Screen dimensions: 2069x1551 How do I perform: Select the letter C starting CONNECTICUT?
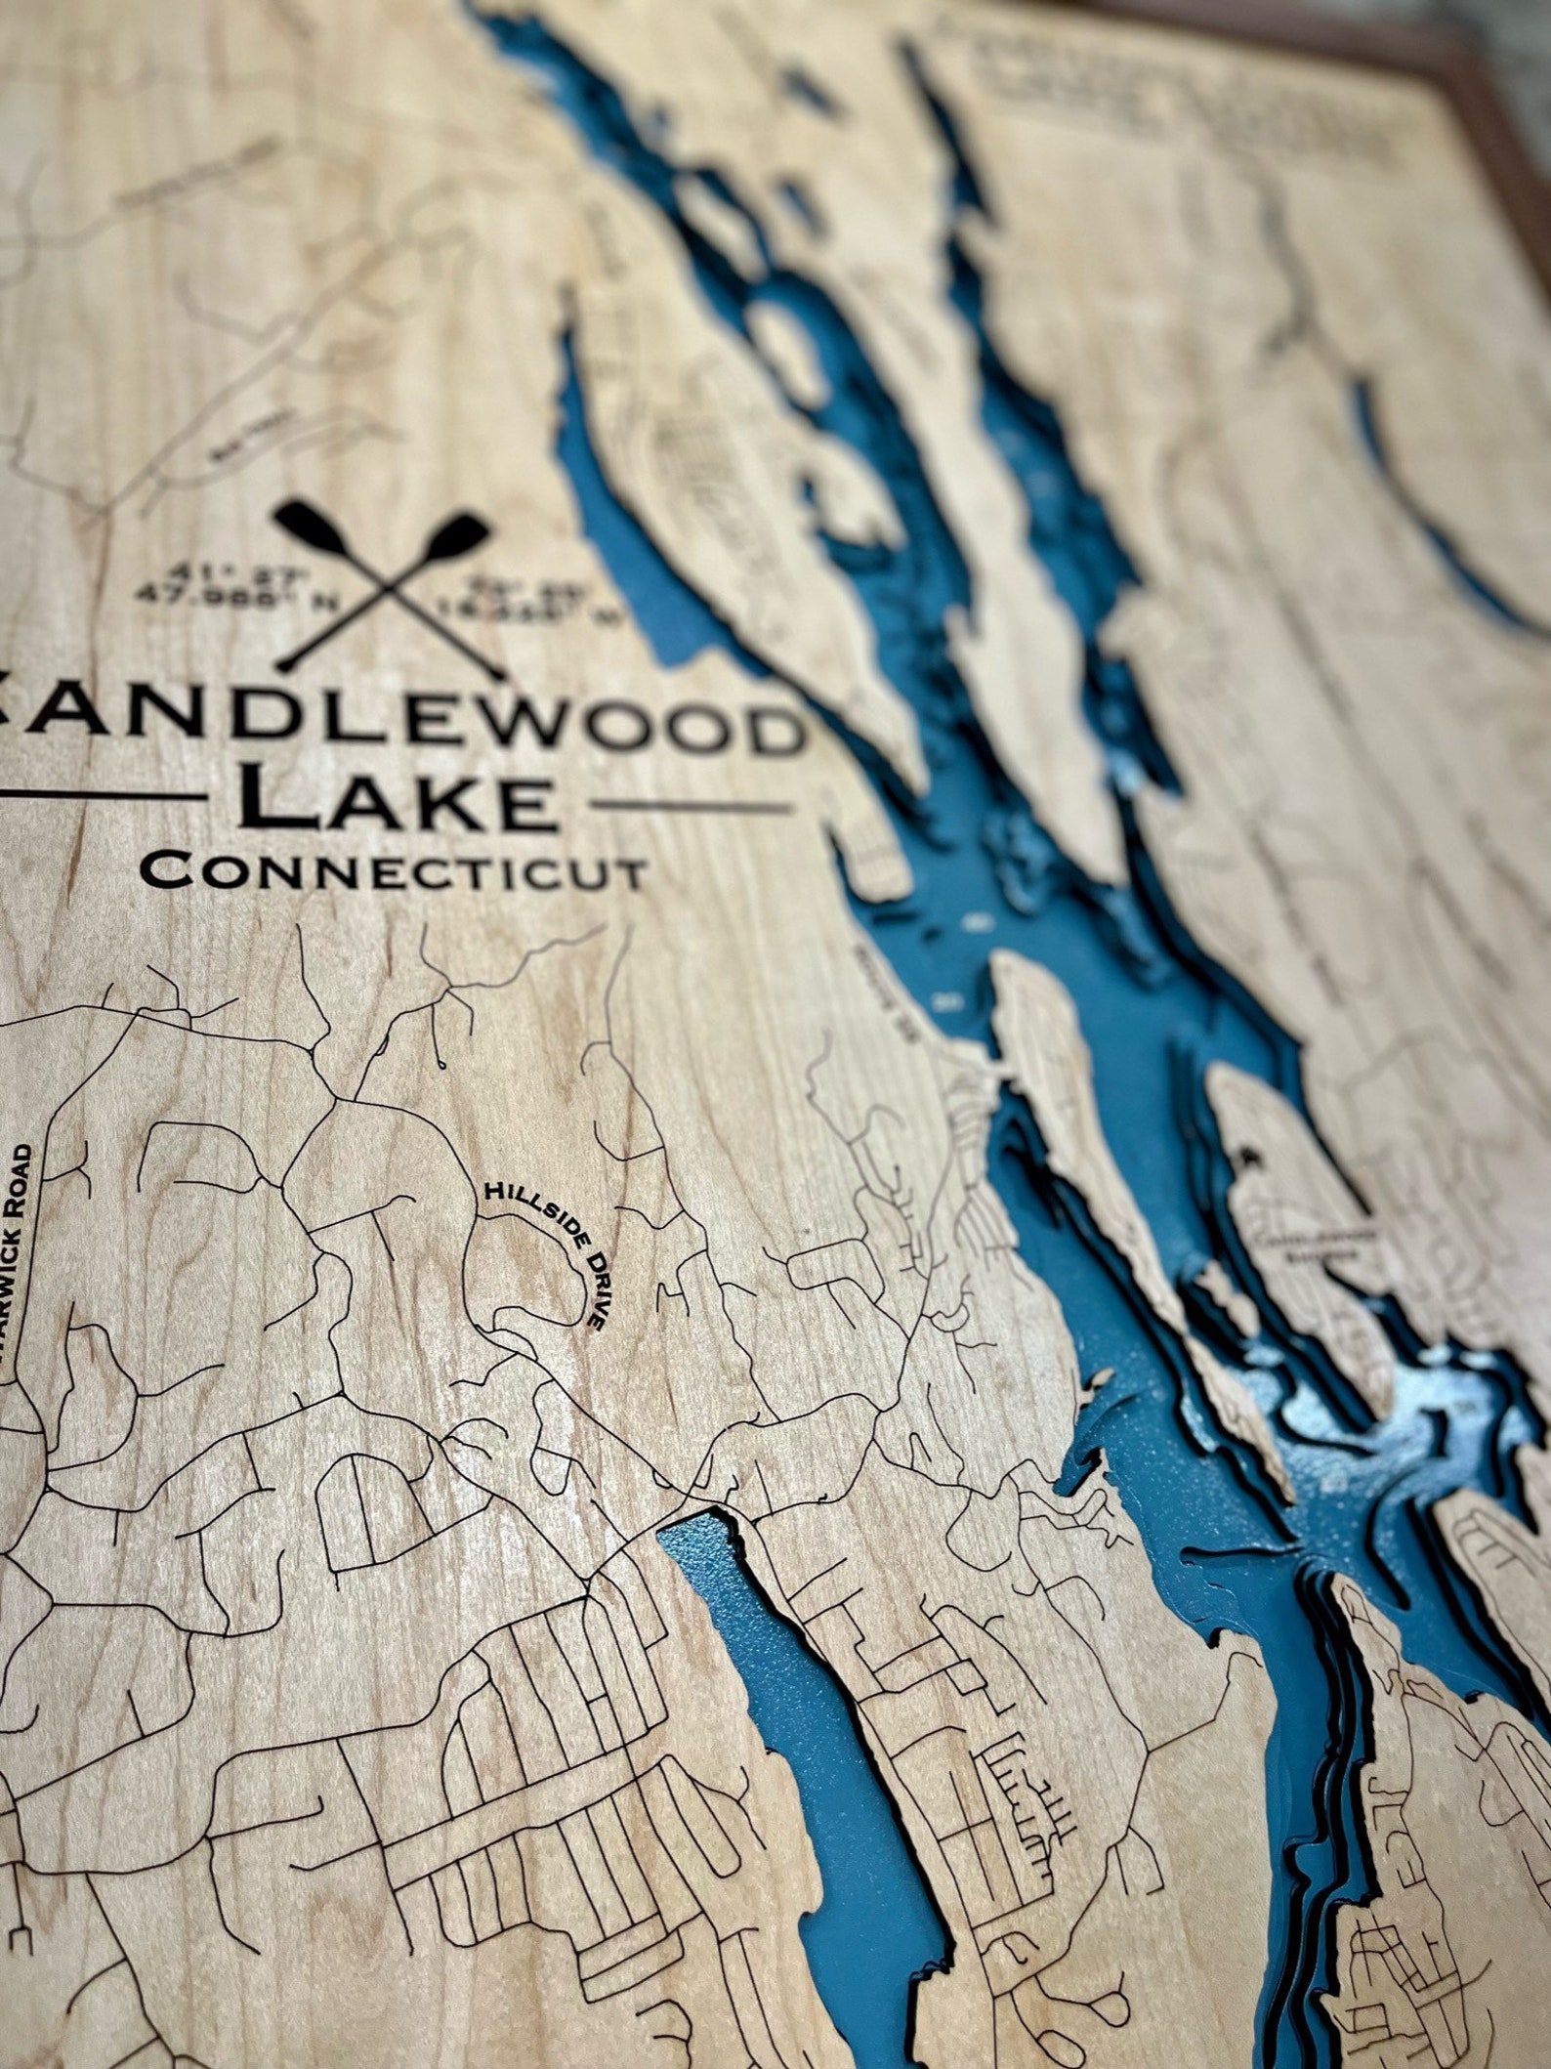click(167, 867)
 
